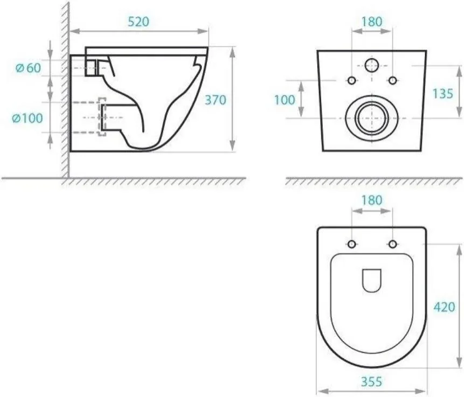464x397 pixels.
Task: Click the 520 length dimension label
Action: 138,22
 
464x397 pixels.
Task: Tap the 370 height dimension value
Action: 216,100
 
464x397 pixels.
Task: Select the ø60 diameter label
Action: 29,68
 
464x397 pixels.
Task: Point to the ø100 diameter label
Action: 27,119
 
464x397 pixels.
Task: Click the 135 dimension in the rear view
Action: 442,94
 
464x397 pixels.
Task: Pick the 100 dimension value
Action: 285,100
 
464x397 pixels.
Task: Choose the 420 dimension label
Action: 444,307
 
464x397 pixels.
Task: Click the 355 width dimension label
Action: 372,381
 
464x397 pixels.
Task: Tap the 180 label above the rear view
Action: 372,22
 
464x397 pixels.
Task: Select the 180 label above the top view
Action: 372,200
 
